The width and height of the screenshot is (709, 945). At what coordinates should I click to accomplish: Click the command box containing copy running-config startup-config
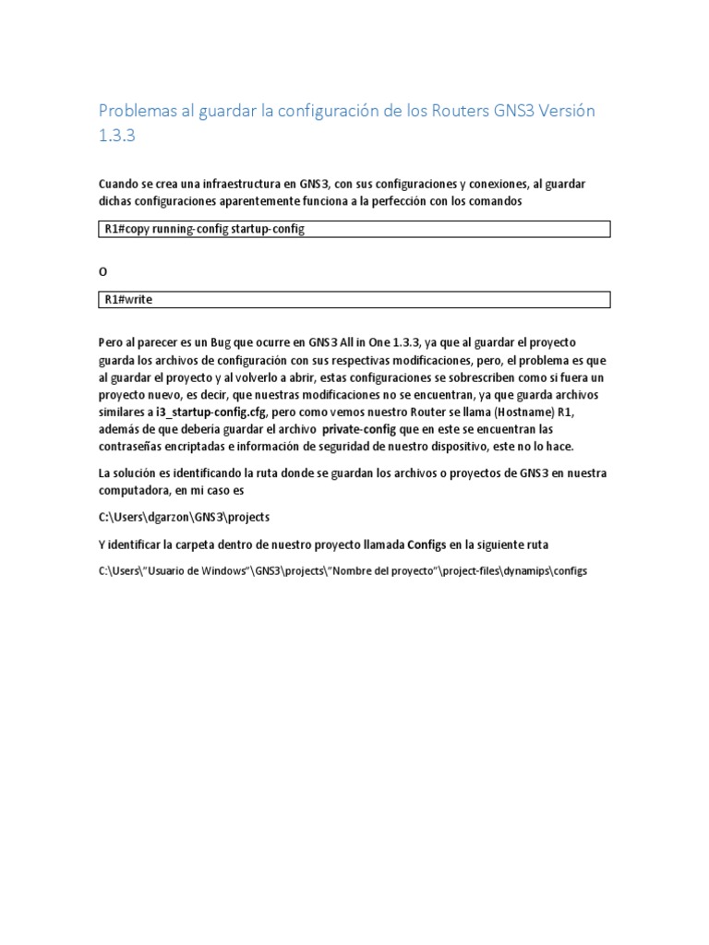tap(354, 229)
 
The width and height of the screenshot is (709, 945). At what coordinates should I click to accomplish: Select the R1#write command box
tap(354, 299)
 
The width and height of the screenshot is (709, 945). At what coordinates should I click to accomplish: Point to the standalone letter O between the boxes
tap(102, 271)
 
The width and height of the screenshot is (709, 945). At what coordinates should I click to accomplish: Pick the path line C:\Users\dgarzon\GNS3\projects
tap(184, 518)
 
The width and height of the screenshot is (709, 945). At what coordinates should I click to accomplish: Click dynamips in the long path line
tap(525, 571)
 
